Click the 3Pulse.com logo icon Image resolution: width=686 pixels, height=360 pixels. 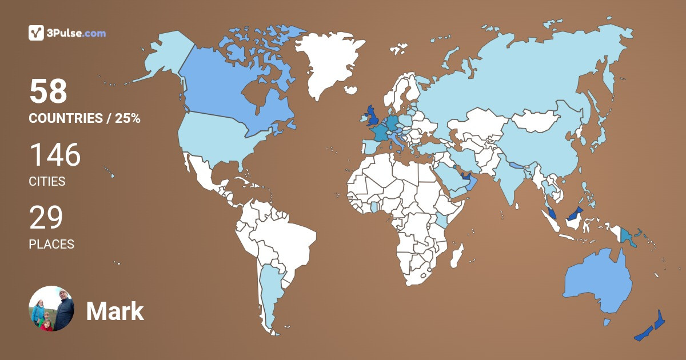(x=36, y=33)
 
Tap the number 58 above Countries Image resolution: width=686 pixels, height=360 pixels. (x=49, y=91)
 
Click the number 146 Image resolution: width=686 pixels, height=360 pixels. (x=55, y=155)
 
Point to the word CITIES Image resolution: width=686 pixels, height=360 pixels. (x=47, y=182)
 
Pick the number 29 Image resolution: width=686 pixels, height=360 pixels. (x=46, y=218)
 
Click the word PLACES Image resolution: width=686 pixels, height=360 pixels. (x=51, y=245)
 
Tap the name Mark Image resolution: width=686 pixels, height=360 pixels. (x=115, y=312)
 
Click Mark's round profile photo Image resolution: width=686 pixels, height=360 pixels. (x=51, y=309)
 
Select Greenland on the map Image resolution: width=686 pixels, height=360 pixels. (x=329, y=63)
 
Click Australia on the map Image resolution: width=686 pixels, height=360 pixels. (x=597, y=283)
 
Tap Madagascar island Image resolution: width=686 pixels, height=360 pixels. (x=456, y=255)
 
